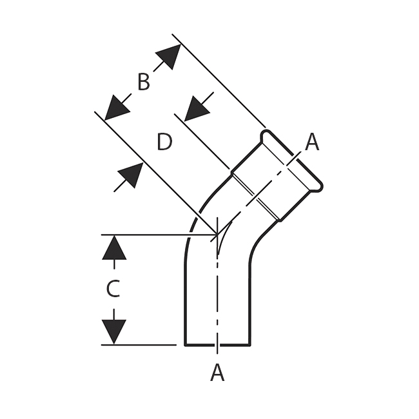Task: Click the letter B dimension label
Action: [144, 83]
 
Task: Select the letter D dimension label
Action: [164, 142]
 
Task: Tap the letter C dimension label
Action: [113, 289]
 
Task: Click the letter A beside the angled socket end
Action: [312, 142]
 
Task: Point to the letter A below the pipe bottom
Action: [217, 372]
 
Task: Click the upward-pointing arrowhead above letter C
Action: [114, 248]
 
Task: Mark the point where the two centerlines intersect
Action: [218, 235]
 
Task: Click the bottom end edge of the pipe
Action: [217, 345]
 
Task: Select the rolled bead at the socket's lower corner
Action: [317, 186]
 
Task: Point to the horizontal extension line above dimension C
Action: [155, 235]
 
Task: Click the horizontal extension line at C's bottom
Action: [139, 345]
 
